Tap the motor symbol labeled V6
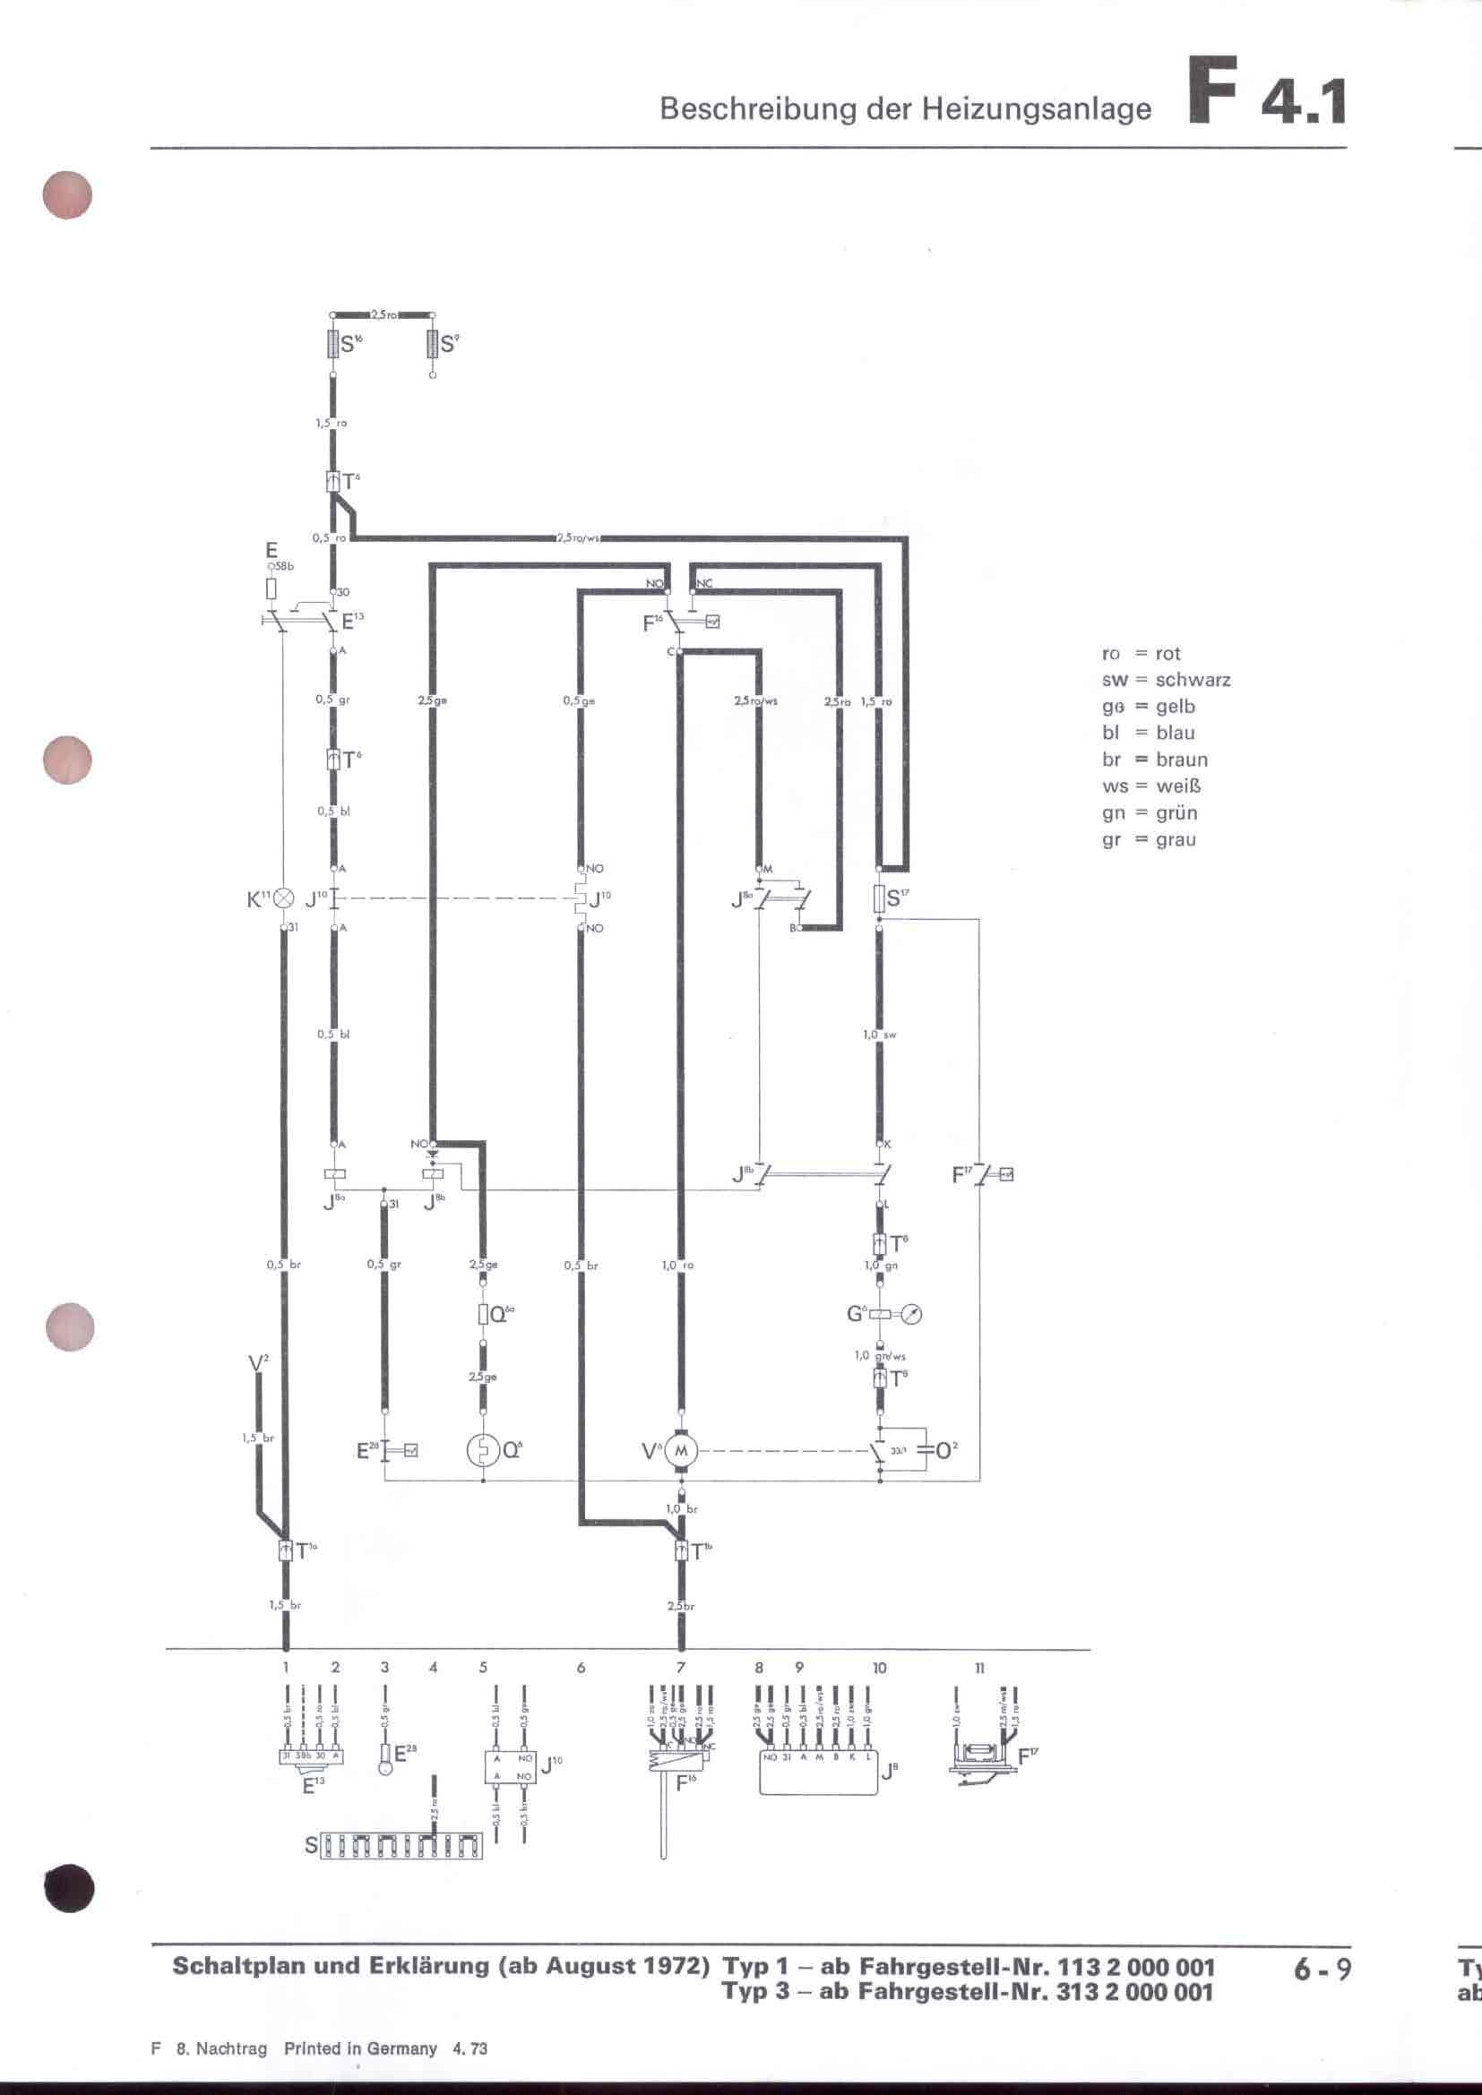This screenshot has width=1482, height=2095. pos(680,1450)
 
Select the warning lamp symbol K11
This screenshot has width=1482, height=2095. pos(284,897)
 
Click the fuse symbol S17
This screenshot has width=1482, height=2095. pos(879,897)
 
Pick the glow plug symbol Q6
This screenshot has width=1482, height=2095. pos(483,1450)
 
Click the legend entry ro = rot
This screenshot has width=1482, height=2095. pos(1141,653)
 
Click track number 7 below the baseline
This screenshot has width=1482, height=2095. pos(681,1667)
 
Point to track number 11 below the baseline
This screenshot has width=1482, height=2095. pos(979,1667)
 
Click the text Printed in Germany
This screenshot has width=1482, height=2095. pos(360,2048)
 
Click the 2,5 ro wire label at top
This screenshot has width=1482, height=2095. pos(383,314)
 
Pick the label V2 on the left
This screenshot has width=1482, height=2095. pos(258,1363)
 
